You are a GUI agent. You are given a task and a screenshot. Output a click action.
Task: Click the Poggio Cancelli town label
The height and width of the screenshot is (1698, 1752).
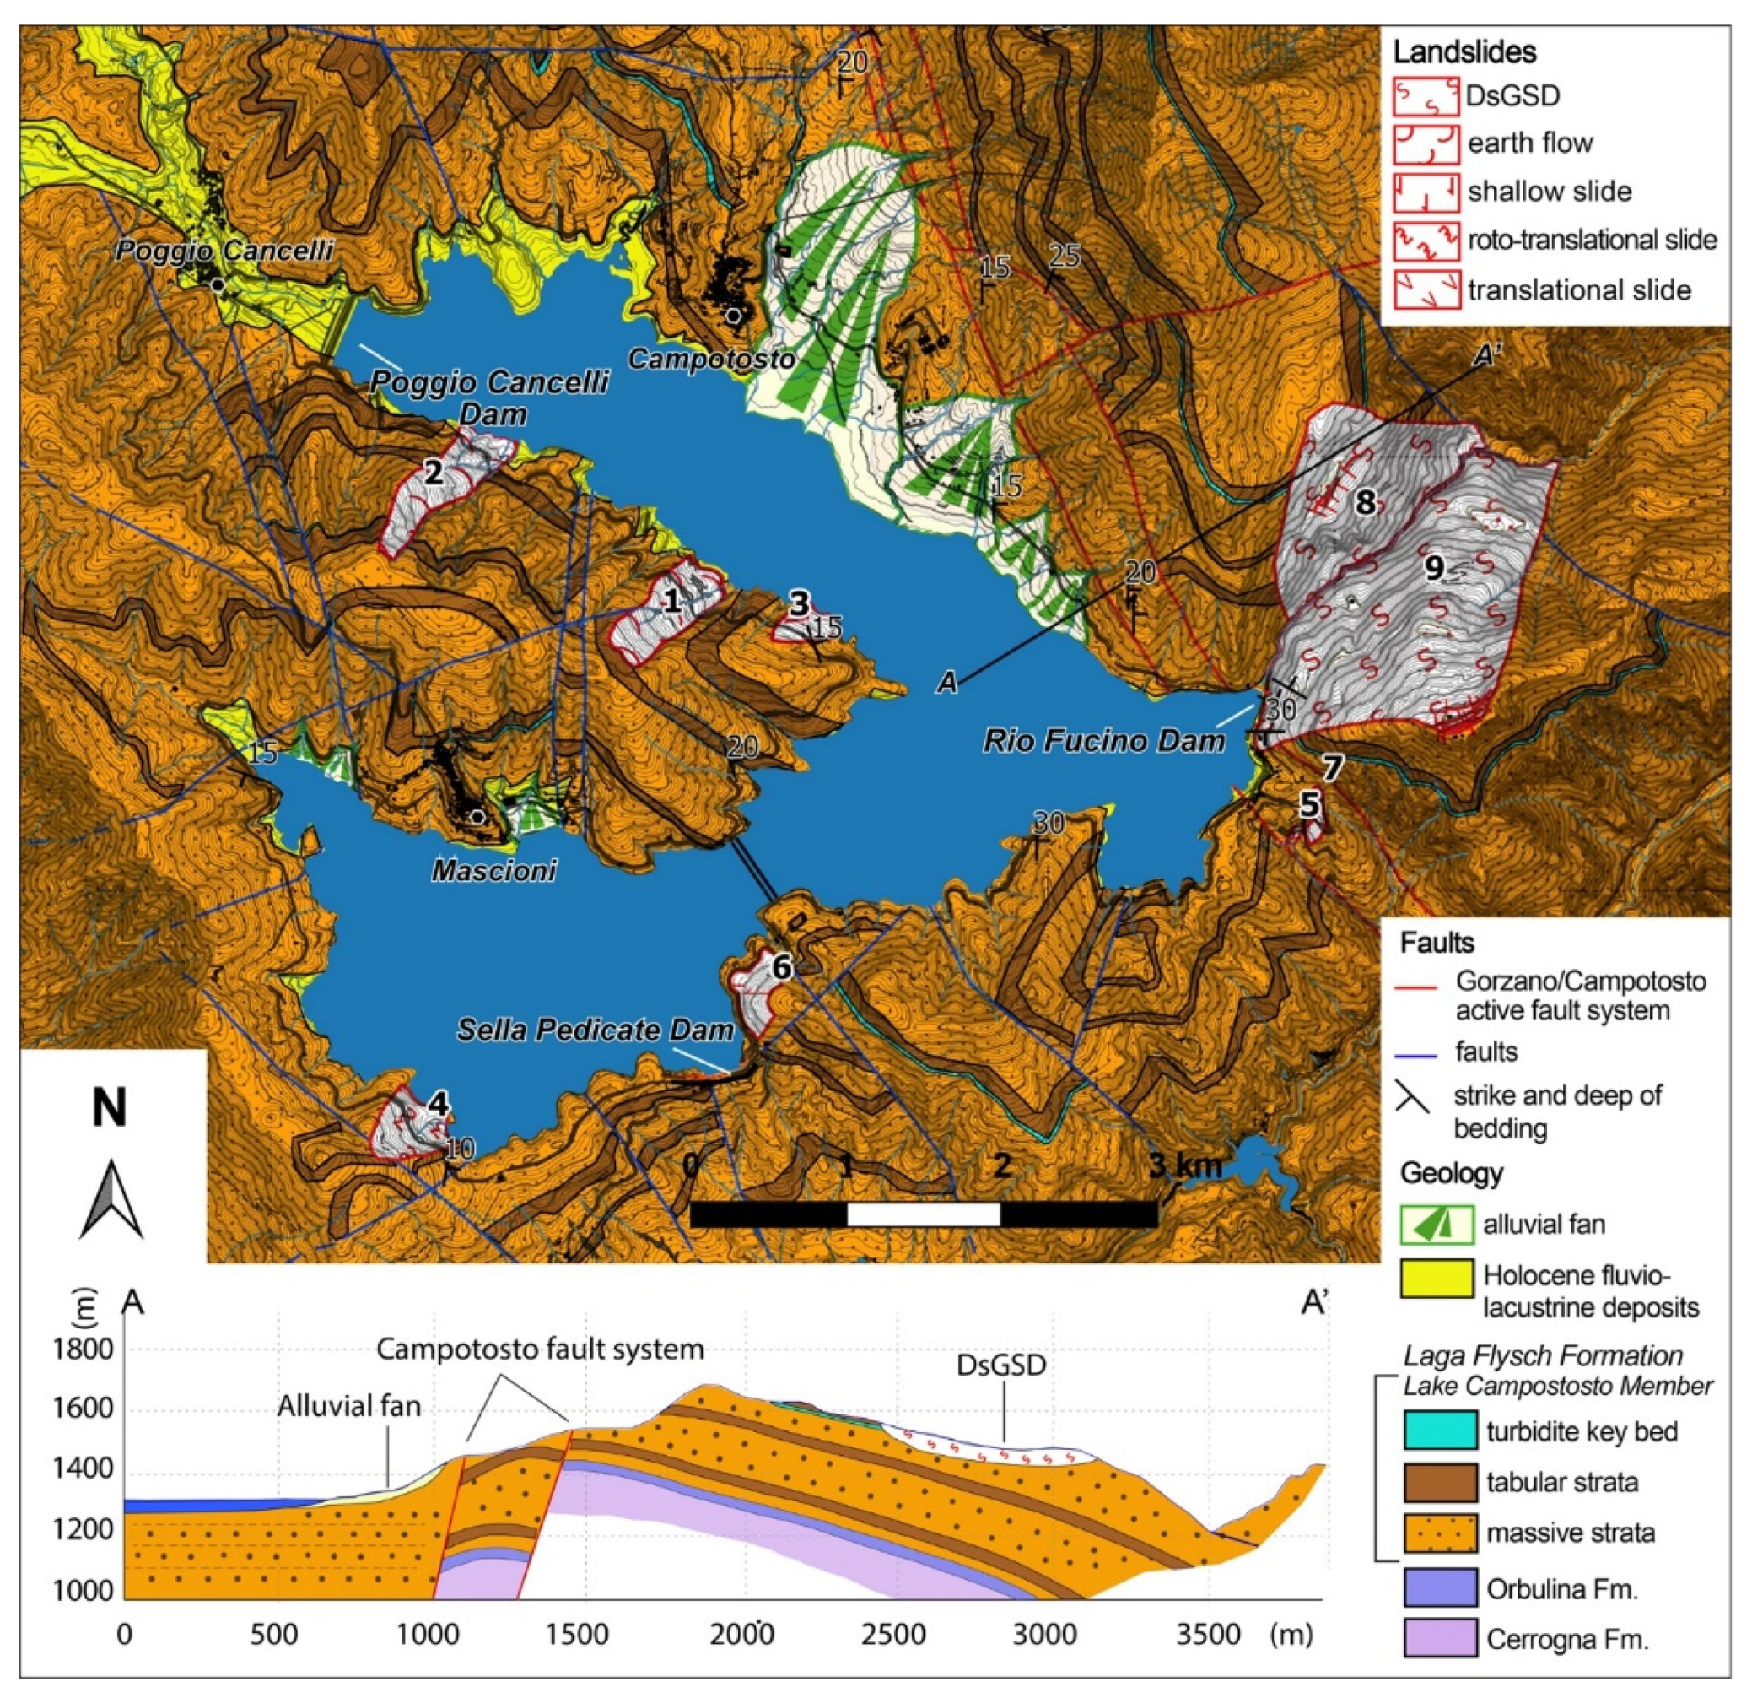tap(224, 250)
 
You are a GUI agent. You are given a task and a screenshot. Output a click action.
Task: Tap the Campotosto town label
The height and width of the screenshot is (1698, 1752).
tap(710, 360)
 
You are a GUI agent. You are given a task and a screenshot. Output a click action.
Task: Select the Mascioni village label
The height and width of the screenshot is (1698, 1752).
tap(493, 870)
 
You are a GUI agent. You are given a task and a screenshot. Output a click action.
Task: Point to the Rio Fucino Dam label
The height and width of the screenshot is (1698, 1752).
tap(1103, 741)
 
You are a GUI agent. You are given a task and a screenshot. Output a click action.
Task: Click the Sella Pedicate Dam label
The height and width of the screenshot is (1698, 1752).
tap(596, 1030)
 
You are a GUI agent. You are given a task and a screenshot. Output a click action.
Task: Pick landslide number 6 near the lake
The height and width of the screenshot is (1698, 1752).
tap(780, 967)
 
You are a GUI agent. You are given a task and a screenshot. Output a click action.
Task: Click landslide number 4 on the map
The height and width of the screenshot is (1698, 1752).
tap(437, 1103)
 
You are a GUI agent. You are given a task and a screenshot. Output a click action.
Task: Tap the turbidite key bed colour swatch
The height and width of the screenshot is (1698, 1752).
tap(1438, 1430)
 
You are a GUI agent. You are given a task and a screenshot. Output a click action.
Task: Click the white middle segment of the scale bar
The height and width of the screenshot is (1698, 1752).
tap(923, 1214)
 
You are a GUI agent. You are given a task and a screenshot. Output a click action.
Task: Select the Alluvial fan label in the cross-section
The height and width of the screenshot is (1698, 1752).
tap(348, 1408)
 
